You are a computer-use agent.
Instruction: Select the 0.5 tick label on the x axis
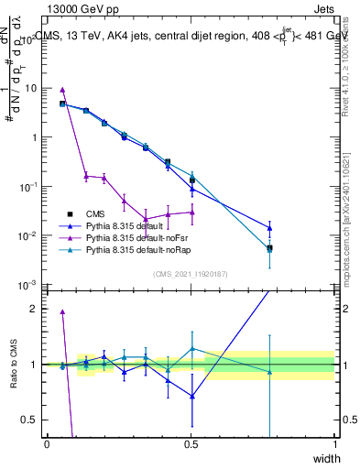point(191,443)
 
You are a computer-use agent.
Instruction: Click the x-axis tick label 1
point(335,443)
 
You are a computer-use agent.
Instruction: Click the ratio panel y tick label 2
point(35,309)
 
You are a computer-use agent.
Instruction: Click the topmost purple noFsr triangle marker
point(62,90)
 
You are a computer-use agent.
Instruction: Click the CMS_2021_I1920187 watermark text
point(190,274)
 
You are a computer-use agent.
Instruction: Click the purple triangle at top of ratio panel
point(62,311)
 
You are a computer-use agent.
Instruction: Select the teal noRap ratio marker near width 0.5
point(192,348)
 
